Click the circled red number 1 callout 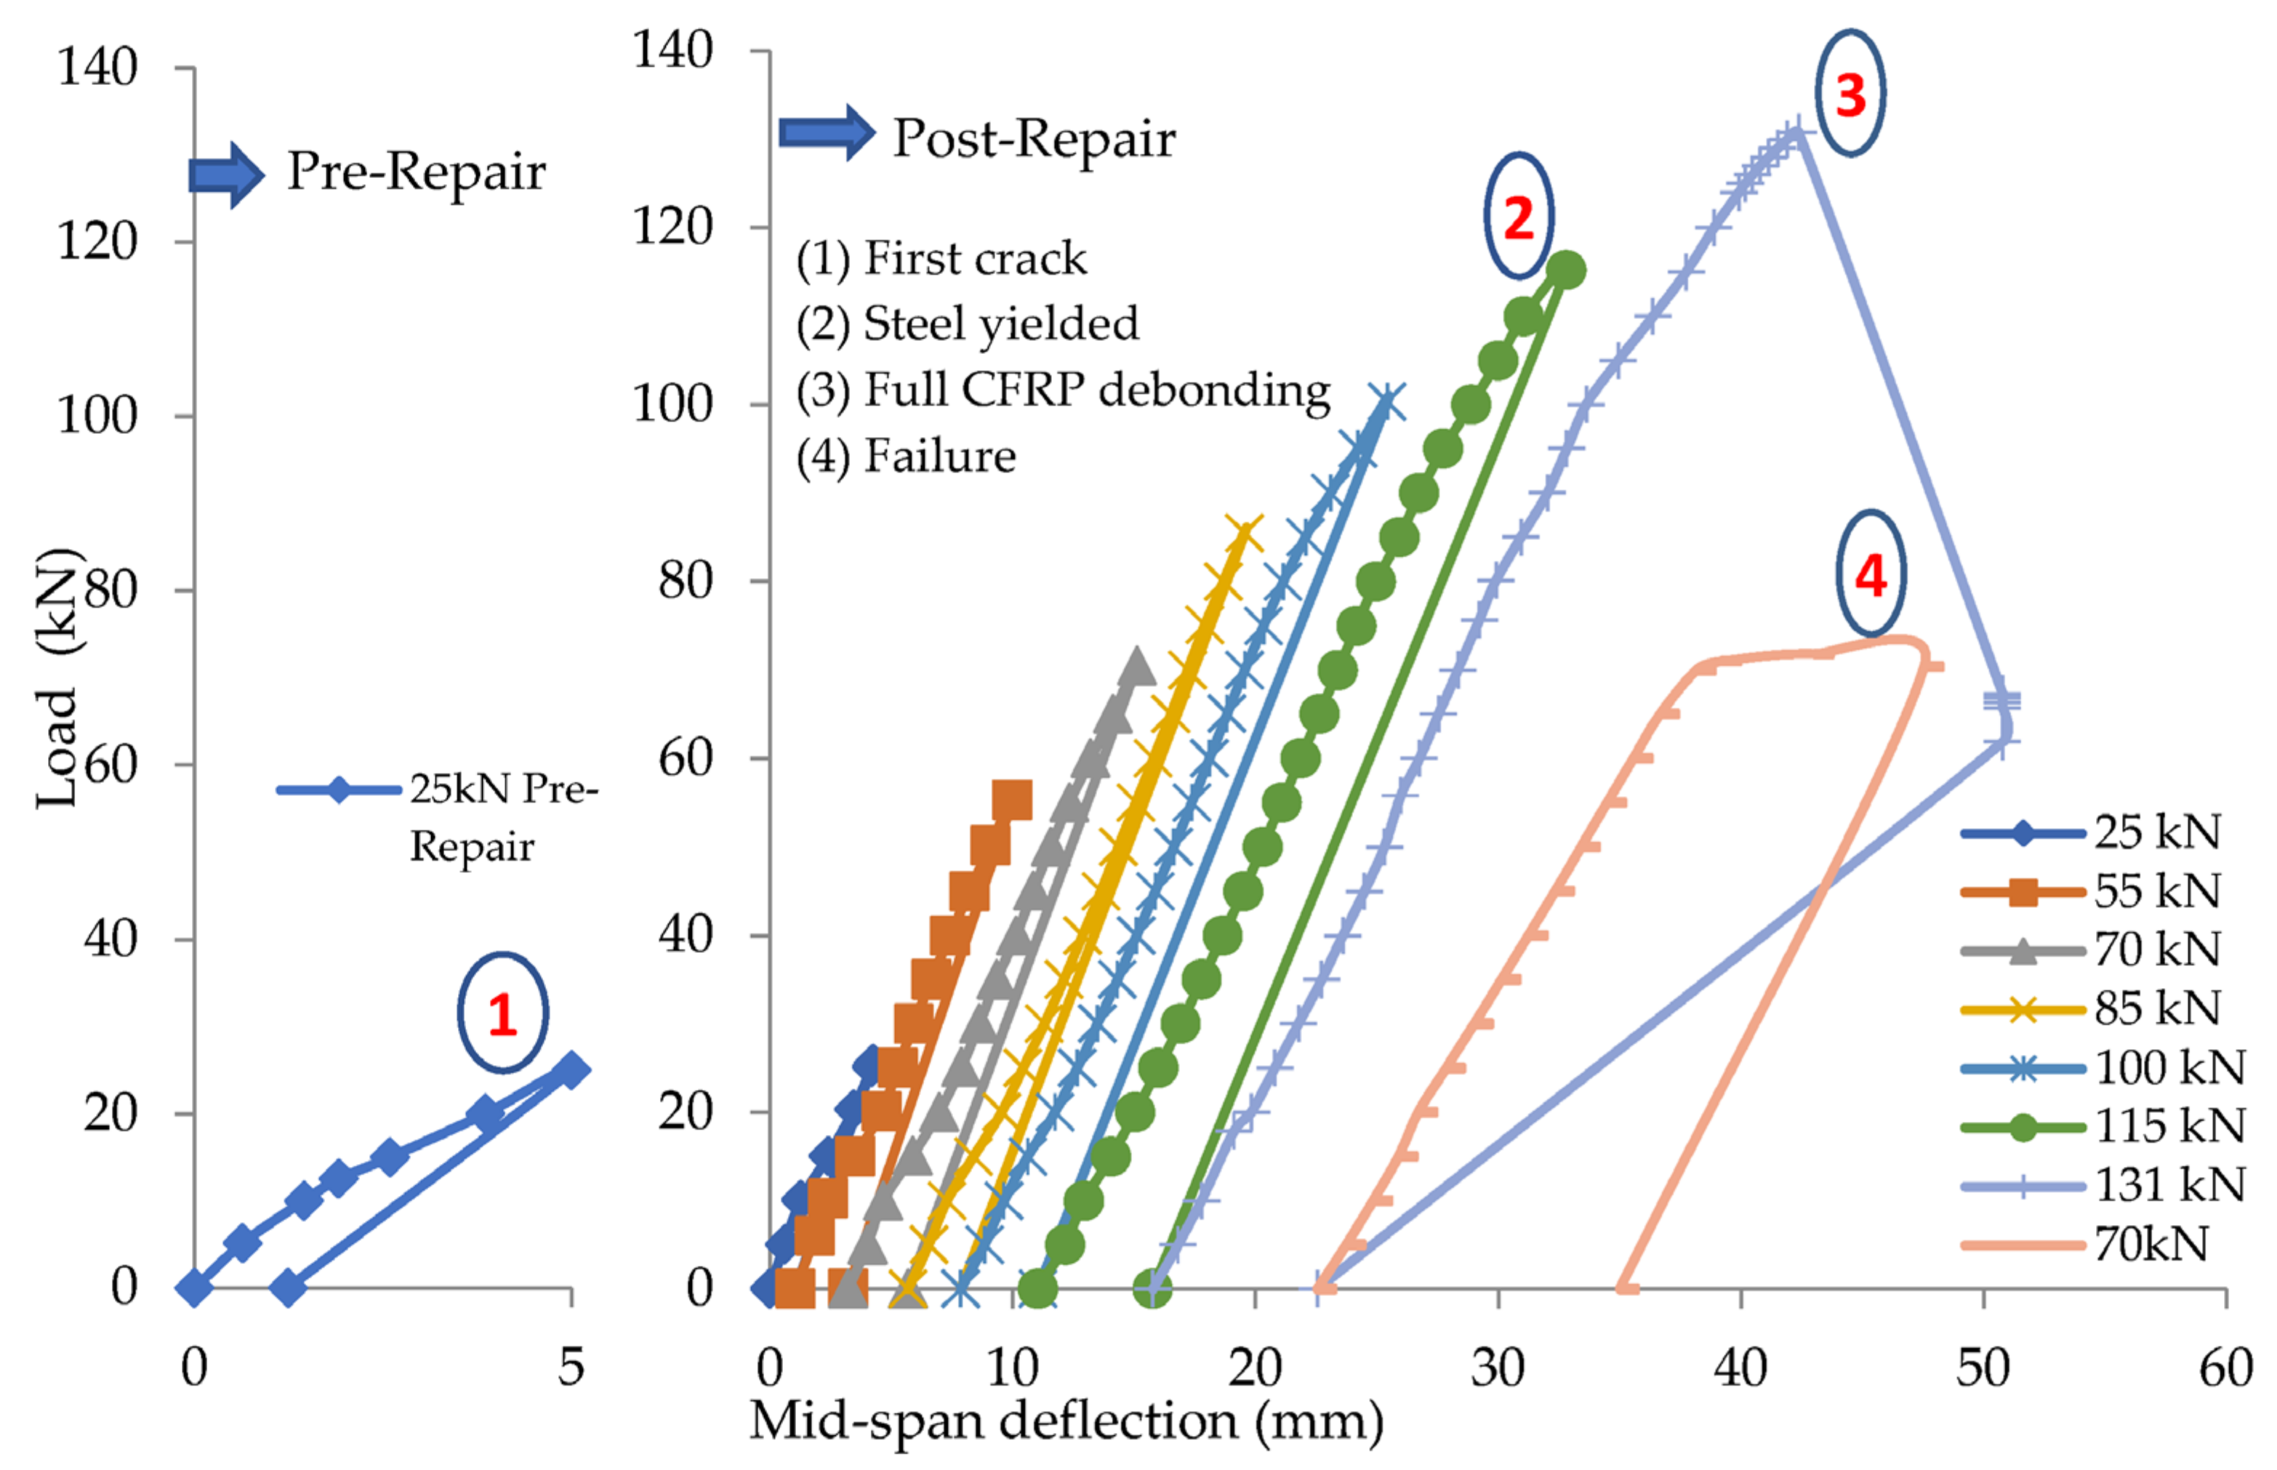[x=502, y=1013]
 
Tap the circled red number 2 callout [x=1518, y=217]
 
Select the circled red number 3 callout [x=1850, y=94]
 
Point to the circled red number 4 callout [x=1871, y=574]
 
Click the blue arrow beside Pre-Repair [x=226, y=174]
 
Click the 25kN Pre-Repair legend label [x=503, y=817]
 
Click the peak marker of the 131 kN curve [x=1796, y=131]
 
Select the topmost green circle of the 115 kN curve [x=1566, y=270]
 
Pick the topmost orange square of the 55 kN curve [x=1011, y=800]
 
